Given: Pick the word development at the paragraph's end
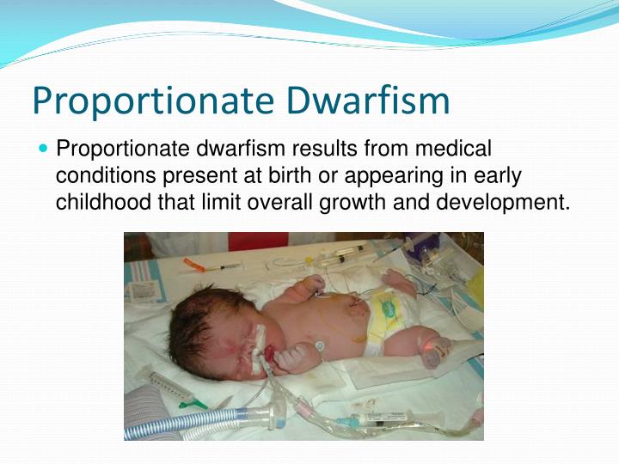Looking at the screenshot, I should pos(512,204).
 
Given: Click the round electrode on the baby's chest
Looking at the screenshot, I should pos(319,345).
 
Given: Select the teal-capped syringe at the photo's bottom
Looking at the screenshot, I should pos(378,421).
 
